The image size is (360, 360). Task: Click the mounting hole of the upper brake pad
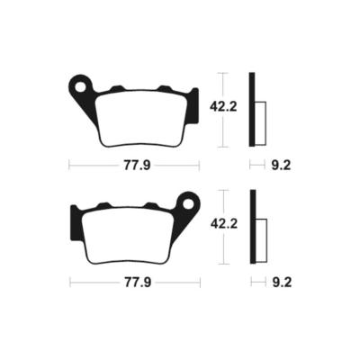80,87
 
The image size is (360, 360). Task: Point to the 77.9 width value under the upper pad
134,166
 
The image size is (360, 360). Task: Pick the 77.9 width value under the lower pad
134,282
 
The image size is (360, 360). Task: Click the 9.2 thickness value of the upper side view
279,166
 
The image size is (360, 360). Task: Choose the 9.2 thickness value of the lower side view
279,282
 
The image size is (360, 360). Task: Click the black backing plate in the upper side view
253,109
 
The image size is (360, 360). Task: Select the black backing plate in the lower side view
253,225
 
